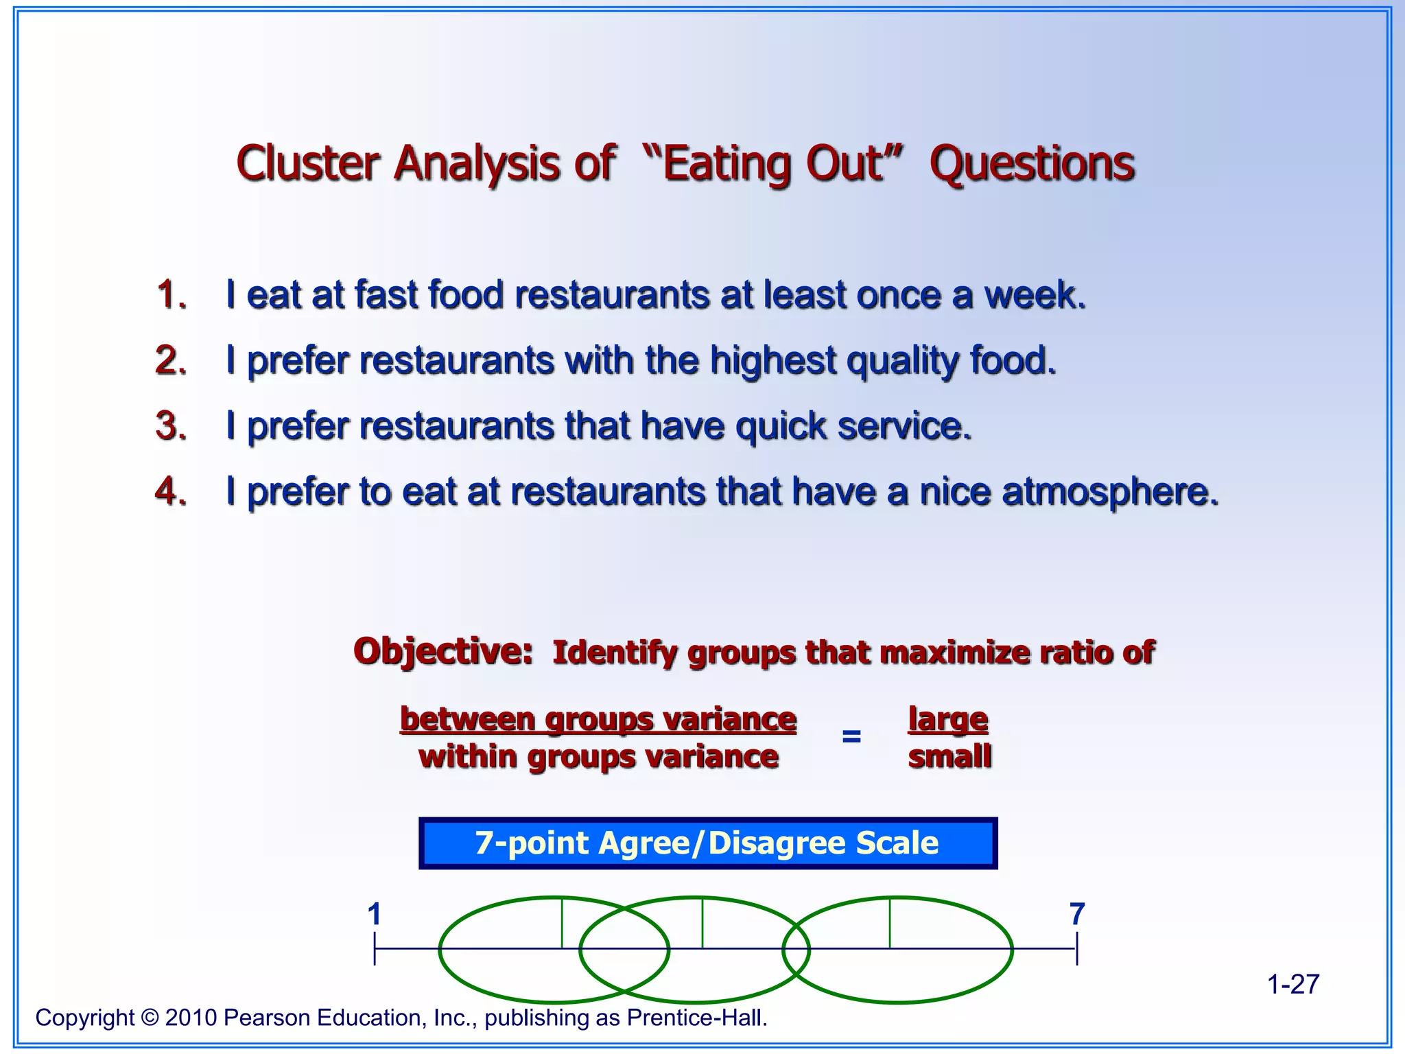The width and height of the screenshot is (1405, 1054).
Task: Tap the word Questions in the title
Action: pyautogui.click(x=1032, y=165)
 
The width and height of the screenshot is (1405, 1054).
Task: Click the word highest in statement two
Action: pyautogui.click(x=772, y=360)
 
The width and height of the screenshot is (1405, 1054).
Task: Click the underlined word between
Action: pyautogui.click(x=467, y=719)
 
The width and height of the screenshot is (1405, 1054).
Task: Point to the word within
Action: pyautogui.click(x=467, y=757)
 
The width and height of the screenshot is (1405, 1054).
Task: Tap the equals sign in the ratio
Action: pyautogui.click(x=851, y=737)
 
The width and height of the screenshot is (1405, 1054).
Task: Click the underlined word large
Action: pyautogui.click(x=948, y=720)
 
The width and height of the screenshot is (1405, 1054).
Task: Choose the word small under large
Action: pyautogui.click(x=949, y=757)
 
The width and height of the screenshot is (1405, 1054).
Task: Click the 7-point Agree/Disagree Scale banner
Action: pyautogui.click(x=707, y=843)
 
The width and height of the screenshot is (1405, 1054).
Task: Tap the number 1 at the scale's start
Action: pyautogui.click(x=374, y=914)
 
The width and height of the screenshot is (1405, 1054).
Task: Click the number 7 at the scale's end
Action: pyautogui.click(x=1077, y=914)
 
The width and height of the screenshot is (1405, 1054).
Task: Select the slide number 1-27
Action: pyautogui.click(x=1292, y=984)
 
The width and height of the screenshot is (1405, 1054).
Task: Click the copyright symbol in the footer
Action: pyautogui.click(x=150, y=1018)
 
